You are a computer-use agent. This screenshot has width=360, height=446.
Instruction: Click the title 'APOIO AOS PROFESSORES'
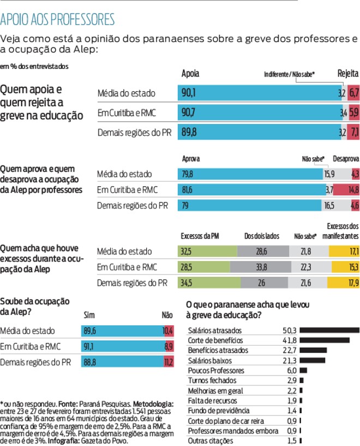[x=58, y=20]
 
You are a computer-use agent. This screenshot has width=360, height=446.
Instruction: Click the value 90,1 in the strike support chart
[x=188, y=93]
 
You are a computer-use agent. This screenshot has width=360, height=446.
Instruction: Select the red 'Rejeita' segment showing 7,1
[x=354, y=132]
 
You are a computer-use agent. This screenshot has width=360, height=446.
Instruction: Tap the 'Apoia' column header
[x=190, y=74]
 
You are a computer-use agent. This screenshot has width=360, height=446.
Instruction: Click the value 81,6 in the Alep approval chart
[x=187, y=190]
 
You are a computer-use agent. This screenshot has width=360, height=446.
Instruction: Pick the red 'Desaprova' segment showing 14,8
[x=346, y=190]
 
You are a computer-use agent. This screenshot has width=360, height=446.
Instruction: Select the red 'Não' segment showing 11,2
[x=168, y=362]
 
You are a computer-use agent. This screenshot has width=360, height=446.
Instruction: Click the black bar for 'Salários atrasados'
[x=329, y=330]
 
